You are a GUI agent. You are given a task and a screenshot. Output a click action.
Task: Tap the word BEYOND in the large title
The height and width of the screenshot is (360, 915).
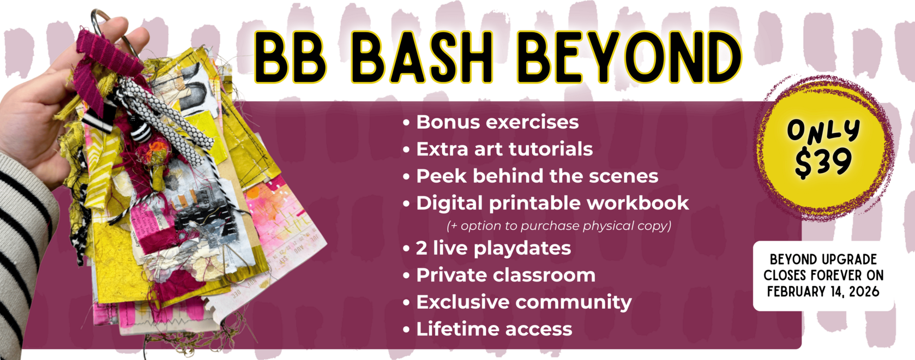pyautogui.click(x=629, y=57)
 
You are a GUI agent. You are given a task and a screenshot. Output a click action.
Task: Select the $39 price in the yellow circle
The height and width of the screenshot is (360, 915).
pyautogui.click(x=823, y=163)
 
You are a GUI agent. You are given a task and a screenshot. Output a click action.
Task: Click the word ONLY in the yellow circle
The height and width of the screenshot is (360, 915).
pyautogui.click(x=823, y=131)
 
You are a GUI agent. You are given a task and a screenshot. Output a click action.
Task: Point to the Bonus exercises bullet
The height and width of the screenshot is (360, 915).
pyautogui.click(x=497, y=122)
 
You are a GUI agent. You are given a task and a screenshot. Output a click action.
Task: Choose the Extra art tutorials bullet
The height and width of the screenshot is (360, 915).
pyautogui.click(x=504, y=149)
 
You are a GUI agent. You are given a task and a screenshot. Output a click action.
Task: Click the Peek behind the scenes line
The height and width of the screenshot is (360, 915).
pyautogui.click(x=537, y=176)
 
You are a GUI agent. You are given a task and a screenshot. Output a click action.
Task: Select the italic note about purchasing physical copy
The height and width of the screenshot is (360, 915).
pyautogui.click(x=559, y=226)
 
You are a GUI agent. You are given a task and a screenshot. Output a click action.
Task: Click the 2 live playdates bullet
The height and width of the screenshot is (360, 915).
pyautogui.click(x=493, y=248)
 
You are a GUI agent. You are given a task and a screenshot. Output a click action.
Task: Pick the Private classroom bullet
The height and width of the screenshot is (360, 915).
pyautogui.click(x=505, y=275)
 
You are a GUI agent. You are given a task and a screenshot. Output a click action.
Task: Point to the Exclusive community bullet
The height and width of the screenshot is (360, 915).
pyautogui.click(x=523, y=302)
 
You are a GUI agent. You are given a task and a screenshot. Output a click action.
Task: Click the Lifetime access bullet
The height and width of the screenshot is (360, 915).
pyautogui.click(x=494, y=329)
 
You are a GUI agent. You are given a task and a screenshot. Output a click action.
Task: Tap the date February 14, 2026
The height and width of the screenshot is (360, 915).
pyautogui.click(x=823, y=292)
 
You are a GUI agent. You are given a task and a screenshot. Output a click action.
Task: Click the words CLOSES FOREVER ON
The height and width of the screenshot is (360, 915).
pyautogui.click(x=823, y=275)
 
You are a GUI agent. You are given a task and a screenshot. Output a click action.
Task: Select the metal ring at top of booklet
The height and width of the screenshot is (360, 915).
pyautogui.click(x=104, y=22)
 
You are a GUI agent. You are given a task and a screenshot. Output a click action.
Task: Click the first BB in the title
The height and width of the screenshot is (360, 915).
pyautogui.click(x=289, y=57)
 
